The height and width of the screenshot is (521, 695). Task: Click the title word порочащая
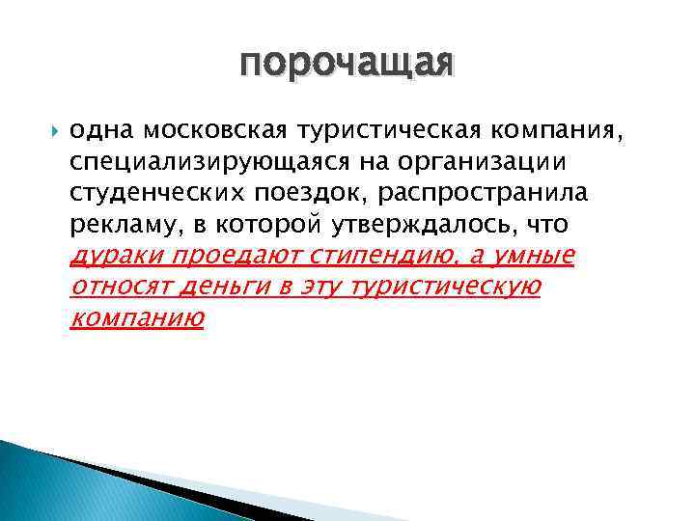click(347, 64)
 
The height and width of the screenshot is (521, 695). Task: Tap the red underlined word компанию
click(136, 318)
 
